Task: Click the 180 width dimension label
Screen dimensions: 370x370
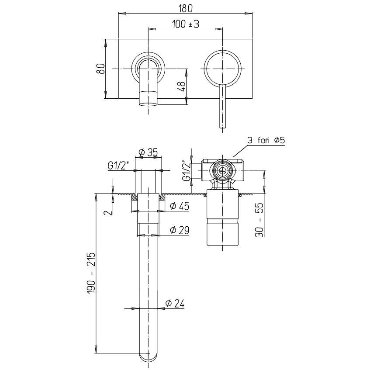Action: tap(186, 8)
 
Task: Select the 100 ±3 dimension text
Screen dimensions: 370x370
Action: tap(186, 24)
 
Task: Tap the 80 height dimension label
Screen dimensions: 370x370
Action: tap(101, 69)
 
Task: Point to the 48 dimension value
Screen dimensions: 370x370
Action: tap(181, 87)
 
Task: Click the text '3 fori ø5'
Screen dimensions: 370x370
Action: tap(266, 140)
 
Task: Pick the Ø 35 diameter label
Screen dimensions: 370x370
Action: tap(148, 152)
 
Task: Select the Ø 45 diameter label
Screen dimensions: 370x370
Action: tap(180, 206)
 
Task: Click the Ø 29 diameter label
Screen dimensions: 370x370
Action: tap(180, 230)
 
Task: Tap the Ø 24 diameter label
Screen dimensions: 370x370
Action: tap(175, 304)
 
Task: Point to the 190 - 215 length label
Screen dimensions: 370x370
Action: tap(91, 273)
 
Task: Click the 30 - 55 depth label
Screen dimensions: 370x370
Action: tap(259, 220)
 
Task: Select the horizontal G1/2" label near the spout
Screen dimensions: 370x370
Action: tap(118, 166)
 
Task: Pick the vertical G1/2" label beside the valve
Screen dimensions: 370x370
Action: tap(186, 171)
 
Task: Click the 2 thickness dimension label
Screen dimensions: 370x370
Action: tap(108, 212)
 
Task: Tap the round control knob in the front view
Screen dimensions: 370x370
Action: tap(223, 69)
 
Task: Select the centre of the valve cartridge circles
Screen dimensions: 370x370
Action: tap(222, 171)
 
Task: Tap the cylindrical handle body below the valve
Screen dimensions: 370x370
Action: tap(223, 218)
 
